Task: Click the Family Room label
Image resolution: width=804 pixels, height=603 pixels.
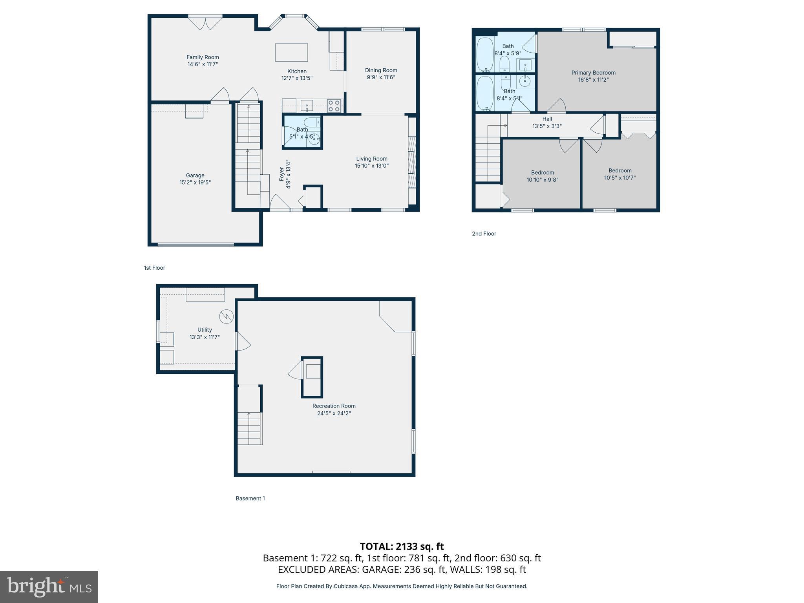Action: (x=203, y=57)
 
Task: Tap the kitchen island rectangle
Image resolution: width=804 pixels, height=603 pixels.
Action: (x=291, y=53)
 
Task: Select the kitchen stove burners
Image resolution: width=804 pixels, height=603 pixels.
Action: (x=334, y=106)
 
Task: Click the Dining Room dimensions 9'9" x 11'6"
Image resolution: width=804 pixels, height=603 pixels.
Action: (x=381, y=77)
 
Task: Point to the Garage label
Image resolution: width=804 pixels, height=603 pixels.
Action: (x=195, y=175)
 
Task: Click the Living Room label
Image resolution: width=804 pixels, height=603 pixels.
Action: (x=371, y=159)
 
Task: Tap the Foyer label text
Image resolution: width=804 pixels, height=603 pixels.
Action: (x=282, y=174)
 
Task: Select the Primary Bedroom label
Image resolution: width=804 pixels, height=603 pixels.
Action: (x=593, y=73)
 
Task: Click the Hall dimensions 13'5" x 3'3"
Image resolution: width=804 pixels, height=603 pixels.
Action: (x=547, y=126)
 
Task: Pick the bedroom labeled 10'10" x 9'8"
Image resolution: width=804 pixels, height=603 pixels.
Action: (x=542, y=176)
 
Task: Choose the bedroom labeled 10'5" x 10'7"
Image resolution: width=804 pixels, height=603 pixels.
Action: (x=619, y=174)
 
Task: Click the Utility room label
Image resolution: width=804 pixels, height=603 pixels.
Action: (x=205, y=330)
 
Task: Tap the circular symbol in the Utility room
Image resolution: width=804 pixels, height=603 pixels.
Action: (x=227, y=316)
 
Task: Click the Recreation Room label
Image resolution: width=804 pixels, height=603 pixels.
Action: (x=334, y=406)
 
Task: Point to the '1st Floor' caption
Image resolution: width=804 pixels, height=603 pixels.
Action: (x=154, y=268)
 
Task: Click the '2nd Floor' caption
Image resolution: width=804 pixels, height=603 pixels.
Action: (x=484, y=234)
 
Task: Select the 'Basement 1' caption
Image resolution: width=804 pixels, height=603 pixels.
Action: (x=250, y=498)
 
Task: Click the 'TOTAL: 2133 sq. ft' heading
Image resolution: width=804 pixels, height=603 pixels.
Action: (x=402, y=546)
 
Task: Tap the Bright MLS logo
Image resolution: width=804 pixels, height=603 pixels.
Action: (x=49, y=587)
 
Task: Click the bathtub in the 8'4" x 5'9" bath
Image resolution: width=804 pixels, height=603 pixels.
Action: (x=485, y=55)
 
